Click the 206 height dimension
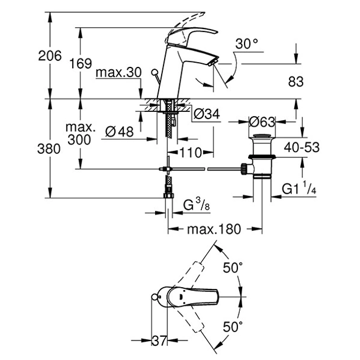click(x=50, y=56)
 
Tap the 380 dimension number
click(x=50, y=149)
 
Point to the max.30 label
click(x=119, y=72)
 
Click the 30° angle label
click(x=246, y=43)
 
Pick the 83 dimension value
click(x=295, y=82)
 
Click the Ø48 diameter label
click(x=121, y=132)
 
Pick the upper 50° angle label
click(x=234, y=268)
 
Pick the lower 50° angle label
click(x=234, y=326)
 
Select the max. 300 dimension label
click(x=81, y=134)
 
